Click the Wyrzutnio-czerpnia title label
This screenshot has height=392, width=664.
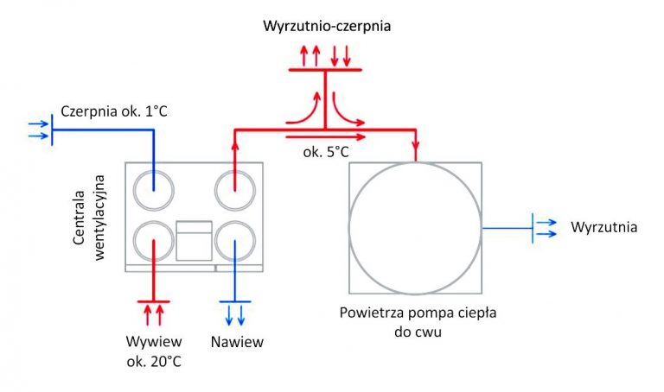327,26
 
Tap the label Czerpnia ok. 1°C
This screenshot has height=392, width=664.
114,111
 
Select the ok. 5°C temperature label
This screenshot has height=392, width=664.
326,152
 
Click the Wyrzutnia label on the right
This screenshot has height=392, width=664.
603,227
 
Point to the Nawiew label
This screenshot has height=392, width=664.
237,342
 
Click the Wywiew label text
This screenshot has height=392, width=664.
154,341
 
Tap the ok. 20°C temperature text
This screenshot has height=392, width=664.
154,362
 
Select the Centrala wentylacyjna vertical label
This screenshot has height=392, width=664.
88,218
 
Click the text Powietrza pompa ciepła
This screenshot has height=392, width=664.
418,313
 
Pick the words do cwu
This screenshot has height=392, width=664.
418,332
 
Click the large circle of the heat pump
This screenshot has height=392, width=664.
349,228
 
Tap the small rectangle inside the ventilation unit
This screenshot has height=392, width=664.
194,241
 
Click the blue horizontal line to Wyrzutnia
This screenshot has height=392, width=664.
508,228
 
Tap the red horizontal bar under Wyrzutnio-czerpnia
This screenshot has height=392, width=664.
325,69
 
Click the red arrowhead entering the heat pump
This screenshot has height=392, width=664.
415,145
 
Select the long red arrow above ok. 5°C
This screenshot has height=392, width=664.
326,137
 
